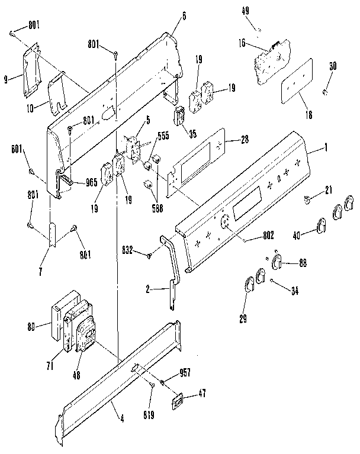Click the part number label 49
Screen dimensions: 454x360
click(x=261, y=11)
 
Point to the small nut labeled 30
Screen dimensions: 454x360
click(x=325, y=91)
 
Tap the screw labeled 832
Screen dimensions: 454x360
click(x=149, y=256)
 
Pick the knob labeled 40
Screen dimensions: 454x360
click(x=323, y=226)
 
